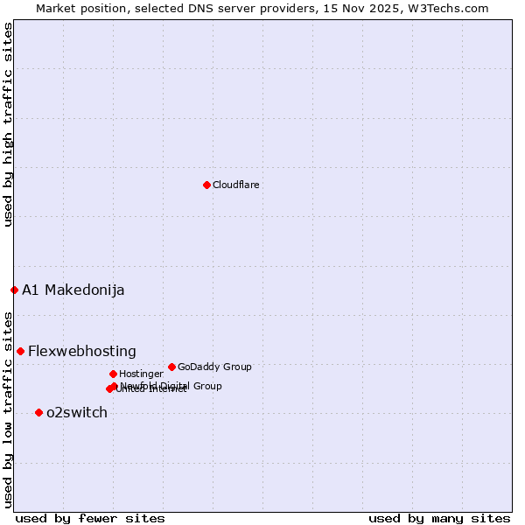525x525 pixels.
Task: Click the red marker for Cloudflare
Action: point(206,185)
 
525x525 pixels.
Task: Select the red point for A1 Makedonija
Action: point(14,290)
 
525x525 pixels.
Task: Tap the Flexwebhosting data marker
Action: point(20,351)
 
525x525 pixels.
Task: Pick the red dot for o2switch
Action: point(38,412)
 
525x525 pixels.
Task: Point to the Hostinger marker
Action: point(113,374)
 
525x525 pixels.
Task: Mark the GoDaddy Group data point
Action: point(171,367)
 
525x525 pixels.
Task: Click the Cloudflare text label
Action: point(236,185)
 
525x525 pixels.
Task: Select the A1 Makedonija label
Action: point(73,290)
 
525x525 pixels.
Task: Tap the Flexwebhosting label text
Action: point(82,351)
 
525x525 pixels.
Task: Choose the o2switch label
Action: point(77,412)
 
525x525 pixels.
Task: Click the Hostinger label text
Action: point(141,374)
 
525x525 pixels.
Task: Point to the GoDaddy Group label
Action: point(214,367)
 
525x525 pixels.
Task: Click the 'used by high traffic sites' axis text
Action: point(9,124)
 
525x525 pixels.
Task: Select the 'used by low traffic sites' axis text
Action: point(9,409)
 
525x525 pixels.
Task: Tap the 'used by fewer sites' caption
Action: point(90,518)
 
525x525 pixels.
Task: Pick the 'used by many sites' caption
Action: point(439,518)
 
